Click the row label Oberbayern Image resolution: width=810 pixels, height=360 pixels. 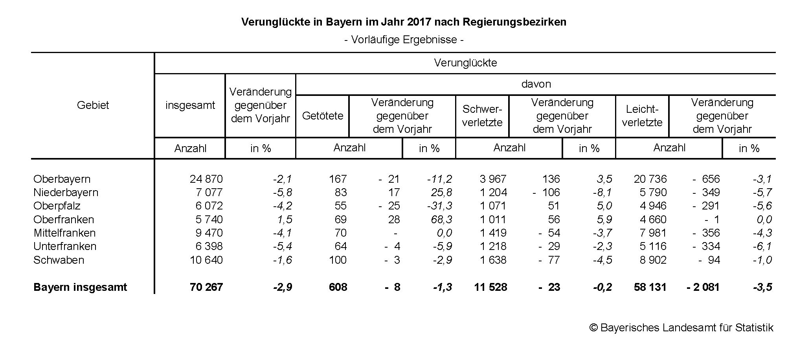click(x=62, y=179)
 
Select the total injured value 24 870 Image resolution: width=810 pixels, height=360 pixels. click(x=206, y=179)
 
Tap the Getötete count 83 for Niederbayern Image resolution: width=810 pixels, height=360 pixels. click(x=341, y=193)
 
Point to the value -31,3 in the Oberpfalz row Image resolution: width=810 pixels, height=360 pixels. click(x=439, y=206)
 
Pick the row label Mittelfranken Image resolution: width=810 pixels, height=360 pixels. click(x=64, y=233)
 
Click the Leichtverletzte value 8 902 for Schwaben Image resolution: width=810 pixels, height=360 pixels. click(x=653, y=260)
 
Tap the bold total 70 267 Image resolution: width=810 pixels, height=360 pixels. click(x=206, y=287)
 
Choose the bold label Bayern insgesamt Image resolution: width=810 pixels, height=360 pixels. click(x=80, y=287)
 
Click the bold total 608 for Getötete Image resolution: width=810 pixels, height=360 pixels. click(x=338, y=287)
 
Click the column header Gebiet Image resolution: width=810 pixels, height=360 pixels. click(x=93, y=105)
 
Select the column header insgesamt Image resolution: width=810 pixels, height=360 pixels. click(x=190, y=105)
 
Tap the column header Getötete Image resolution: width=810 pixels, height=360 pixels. click(x=323, y=116)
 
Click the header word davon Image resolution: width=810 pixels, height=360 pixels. click(x=536, y=84)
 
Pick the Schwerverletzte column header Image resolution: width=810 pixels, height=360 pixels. click(x=482, y=116)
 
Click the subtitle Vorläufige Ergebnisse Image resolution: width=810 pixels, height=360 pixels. click(x=404, y=40)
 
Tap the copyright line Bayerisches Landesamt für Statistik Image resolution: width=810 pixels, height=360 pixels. click(x=681, y=328)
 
